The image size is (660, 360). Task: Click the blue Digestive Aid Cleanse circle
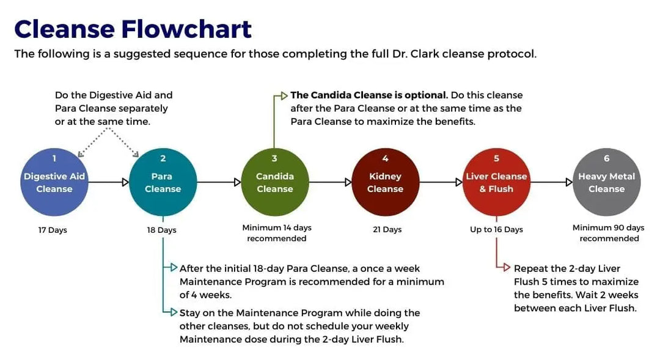54,182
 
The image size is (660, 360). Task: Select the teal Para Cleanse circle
163,182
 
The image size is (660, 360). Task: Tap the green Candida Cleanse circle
274,182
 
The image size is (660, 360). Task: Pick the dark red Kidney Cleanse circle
385,182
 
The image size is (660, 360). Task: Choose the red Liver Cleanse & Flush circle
496,182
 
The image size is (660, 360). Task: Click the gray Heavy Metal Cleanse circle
607,182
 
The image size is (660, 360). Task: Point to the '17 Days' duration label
53,230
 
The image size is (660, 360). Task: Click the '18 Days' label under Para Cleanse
162,230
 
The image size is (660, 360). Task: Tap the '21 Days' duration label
387,230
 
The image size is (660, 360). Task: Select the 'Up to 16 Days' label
497,230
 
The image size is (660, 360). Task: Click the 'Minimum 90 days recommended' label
609,233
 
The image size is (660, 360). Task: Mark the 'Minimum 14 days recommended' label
277,233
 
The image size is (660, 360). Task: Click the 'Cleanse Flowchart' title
133,29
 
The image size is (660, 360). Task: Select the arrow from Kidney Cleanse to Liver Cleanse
441,182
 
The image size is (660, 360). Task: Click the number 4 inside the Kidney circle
385,159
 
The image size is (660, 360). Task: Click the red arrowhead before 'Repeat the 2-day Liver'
506,268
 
